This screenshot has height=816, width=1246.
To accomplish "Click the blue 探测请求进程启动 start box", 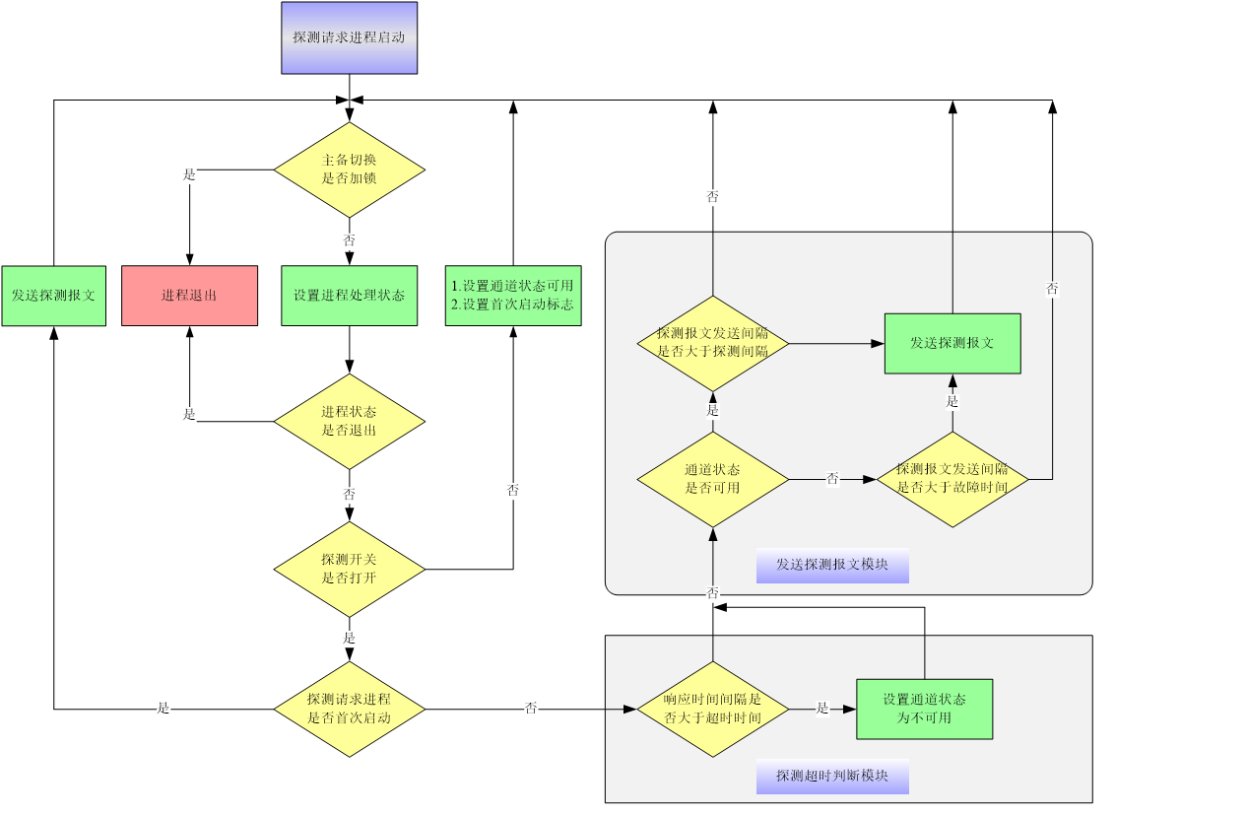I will click(x=349, y=37).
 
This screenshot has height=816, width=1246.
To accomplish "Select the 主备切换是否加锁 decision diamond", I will click(x=349, y=170).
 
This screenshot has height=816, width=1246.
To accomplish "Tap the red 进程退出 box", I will click(x=189, y=296).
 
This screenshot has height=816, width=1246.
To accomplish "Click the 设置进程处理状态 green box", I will click(x=349, y=296).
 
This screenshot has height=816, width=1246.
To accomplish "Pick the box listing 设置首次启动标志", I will click(x=512, y=296).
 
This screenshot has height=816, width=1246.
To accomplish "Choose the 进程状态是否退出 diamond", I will click(x=349, y=422).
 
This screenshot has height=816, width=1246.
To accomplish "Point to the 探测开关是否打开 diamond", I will click(x=349, y=569).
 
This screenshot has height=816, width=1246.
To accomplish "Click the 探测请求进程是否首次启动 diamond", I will click(x=349, y=710).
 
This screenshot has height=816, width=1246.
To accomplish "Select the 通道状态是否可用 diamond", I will click(x=712, y=479).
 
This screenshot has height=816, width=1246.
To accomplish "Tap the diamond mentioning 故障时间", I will click(x=951, y=479).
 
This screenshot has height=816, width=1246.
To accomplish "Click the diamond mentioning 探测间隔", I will click(x=712, y=343).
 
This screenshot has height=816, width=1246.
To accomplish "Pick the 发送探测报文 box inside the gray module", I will click(x=951, y=343).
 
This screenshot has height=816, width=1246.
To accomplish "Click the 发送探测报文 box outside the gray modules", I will click(x=53, y=296).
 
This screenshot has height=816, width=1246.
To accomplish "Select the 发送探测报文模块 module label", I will click(x=832, y=566).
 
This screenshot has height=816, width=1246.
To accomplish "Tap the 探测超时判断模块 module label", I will click(x=832, y=777).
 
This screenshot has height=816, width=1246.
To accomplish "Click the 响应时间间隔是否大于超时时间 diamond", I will click(x=712, y=710).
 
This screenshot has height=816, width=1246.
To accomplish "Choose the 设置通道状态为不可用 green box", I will click(x=924, y=709).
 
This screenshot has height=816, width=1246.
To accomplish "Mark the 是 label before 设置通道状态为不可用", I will click(x=822, y=708).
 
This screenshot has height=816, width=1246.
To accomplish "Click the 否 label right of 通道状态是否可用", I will click(x=832, y=479).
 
